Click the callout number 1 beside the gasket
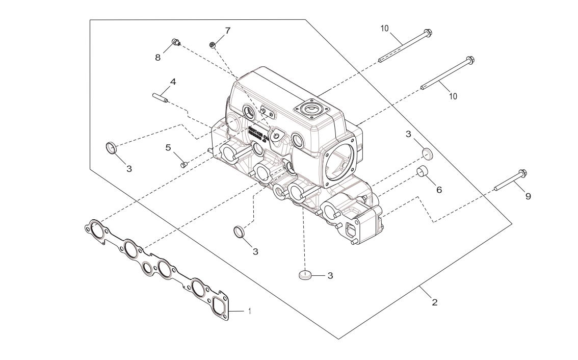click(x=249, y=311)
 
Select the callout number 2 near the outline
click(x=434, y=302)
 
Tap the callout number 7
click(x=227, y=31)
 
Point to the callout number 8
click(x=158, y=58)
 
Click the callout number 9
click(x=528, y=196)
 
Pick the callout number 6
click(x=439, y=190)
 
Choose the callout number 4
click(x=173, y=82)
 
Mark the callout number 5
click(x=168, y=148)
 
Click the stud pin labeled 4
click(x=161, y=97)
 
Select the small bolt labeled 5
click(x=185, y=164)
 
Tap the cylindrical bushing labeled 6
click(x=423, y=171)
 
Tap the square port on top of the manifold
click(x=309, y=109)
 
